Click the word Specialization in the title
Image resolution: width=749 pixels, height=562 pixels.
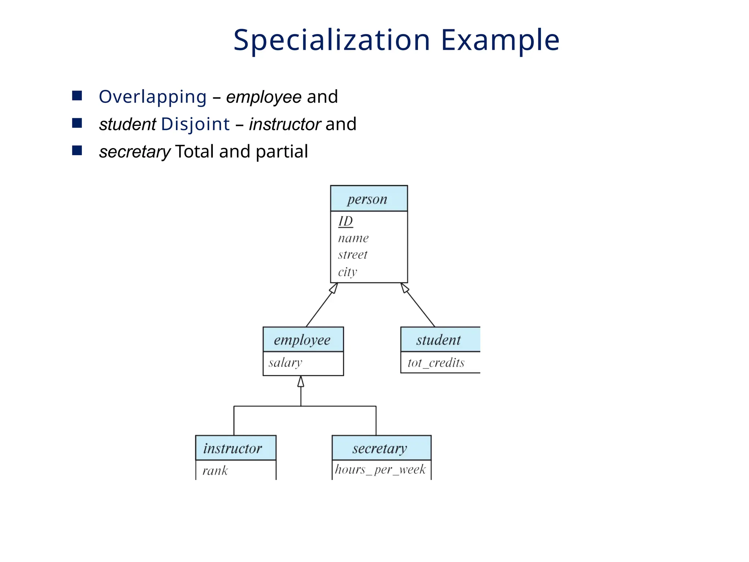(331, 40)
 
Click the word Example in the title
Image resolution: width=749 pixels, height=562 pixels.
(500, 40)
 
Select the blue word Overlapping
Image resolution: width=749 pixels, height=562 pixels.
(153, 97)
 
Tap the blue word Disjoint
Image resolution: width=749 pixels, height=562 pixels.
(195, 124)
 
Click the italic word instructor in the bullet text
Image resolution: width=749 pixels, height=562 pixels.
(285, 124)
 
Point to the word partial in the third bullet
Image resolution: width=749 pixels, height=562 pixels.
(282, 151)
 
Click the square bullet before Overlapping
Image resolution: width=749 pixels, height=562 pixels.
(77, 96)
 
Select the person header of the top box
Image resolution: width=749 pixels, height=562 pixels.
(369, 199)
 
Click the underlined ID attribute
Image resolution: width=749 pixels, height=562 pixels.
(345, 221)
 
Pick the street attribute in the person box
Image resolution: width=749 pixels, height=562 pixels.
(353, 255)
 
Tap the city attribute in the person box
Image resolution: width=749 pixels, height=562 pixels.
(347, 272)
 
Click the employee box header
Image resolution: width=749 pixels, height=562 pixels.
(303, 340)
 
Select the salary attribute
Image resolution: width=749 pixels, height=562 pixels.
(285, 363)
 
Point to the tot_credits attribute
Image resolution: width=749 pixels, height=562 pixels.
(436, 363)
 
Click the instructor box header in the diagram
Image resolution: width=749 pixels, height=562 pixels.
(233, 448)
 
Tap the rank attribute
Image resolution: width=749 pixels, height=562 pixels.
(215, 471)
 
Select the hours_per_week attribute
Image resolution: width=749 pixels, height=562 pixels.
(380, 469)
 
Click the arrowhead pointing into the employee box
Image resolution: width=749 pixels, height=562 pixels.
(301, 382)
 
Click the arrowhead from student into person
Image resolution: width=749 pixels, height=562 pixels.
(404, 288)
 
